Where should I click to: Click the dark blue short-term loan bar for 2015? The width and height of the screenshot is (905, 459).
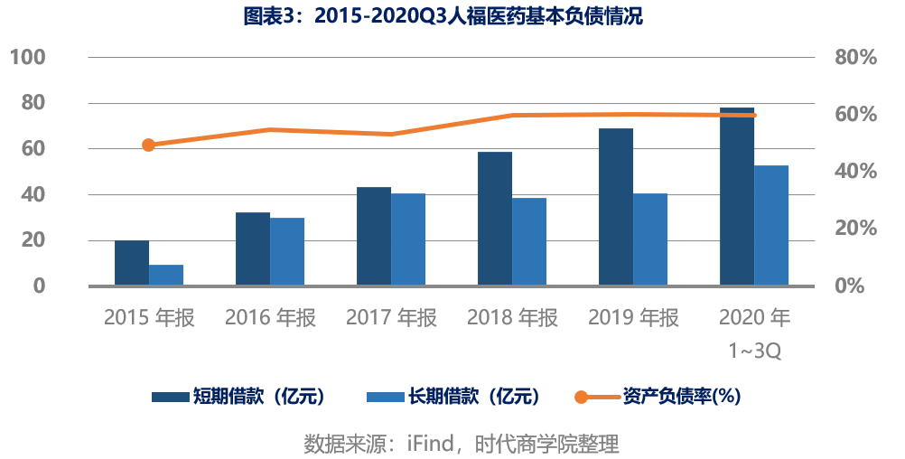132,263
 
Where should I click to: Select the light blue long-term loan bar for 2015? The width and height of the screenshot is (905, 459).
166,275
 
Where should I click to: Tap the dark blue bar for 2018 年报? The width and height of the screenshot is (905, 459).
495,219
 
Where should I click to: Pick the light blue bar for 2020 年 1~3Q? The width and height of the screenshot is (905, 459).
771,225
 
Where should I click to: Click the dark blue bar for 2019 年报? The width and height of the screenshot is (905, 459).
616,207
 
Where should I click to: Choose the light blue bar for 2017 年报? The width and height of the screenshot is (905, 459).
408,239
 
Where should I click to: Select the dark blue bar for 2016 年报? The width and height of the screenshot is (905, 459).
253,248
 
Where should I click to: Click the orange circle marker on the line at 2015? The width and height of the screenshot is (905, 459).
148,145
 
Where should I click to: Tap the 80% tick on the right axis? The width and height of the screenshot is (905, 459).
856,57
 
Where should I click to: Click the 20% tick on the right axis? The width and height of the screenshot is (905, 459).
856,228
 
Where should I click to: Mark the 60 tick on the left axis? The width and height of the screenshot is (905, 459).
33,148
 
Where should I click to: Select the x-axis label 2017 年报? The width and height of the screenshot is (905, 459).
391,317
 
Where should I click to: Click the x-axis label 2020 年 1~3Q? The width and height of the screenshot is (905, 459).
754,333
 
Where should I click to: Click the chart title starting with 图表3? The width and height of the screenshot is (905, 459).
443,15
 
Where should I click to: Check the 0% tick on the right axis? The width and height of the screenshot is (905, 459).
850,286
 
